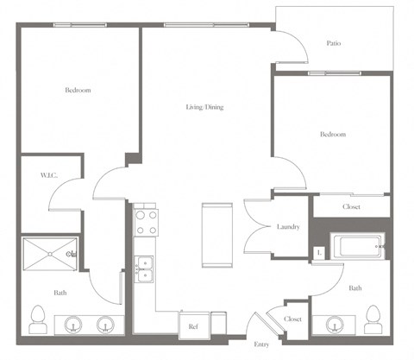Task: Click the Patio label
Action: point(333,43)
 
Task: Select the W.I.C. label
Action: point(47,176)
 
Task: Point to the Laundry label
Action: point(288,227)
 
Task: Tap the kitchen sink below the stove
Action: point(144,268)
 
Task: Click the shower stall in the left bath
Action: point(49,253)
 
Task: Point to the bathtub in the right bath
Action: point(361,248)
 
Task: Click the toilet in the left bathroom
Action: point(37,319)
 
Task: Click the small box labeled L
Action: point(320,252)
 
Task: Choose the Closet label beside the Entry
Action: point(292,319)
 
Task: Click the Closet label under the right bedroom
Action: point(351,207)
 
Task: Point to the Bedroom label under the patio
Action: point(333,135)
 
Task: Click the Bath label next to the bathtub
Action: point(354,288)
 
